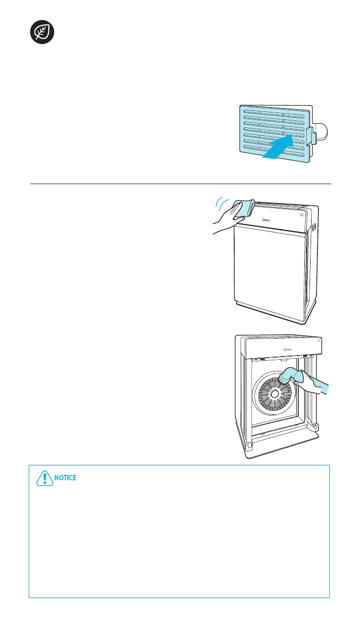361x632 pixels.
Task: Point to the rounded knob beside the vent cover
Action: [325, 133]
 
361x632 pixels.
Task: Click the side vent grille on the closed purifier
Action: [313, 228]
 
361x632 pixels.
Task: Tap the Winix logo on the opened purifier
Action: [274, 350]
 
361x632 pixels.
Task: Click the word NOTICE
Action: [65, 478]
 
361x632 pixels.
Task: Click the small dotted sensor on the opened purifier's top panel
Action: [317, 340]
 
